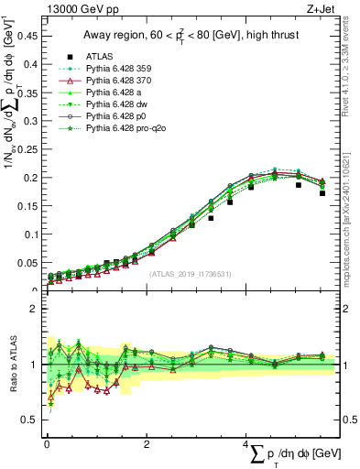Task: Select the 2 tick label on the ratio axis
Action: click(x=36, y=309)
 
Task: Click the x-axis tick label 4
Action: click(x=246, y=443)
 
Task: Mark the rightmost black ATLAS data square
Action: click(x=322, y=193)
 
